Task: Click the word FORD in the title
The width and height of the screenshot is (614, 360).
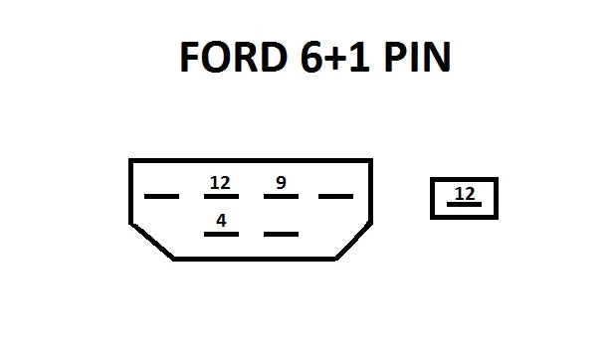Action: click(233, 57)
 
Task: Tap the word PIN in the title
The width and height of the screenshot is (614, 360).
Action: click(417, 57)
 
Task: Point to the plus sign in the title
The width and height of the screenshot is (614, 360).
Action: click(336, 59)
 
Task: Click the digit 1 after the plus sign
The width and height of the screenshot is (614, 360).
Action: click(359, 57)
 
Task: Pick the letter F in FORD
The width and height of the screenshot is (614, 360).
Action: click(189, 57)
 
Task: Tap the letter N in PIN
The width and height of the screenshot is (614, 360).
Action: click(437, 57)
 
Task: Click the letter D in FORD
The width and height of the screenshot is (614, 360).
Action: click(273, 57)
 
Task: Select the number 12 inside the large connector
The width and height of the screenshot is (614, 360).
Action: click(220, 183)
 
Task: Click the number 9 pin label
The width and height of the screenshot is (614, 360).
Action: click(282, 182)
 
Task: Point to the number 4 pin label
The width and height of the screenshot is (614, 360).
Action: click(221, 221)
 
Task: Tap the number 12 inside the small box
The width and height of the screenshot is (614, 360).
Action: click(465, 193)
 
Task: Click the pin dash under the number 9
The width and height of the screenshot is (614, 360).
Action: click(282, 196)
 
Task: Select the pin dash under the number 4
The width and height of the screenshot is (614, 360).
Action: click(221, 234)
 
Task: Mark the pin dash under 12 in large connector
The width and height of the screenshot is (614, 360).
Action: click(221, 196)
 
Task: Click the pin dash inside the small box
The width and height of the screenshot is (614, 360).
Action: click(464, 204)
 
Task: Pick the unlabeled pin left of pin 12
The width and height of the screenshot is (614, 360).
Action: click(162, 196)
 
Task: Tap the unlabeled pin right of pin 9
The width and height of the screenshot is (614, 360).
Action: click(336, 196)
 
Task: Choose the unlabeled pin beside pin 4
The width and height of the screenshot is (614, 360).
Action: click(282, 234)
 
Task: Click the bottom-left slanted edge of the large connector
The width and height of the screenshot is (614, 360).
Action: click(152, 241)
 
